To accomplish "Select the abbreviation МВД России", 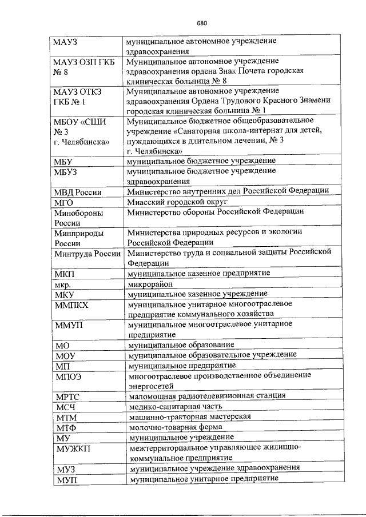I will pyautogui.click(x=78, y=192).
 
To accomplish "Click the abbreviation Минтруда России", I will pyautogui.click(x=87, y=254).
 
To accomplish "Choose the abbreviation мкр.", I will pyautogui.click(x=62, y=284).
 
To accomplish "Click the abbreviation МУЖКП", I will pyautogui.click(x=70, y=448).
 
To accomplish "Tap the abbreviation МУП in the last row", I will pyautogui.click(x=66, y=479).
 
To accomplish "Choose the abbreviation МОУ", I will pyautogui.click(x=66, y=356).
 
